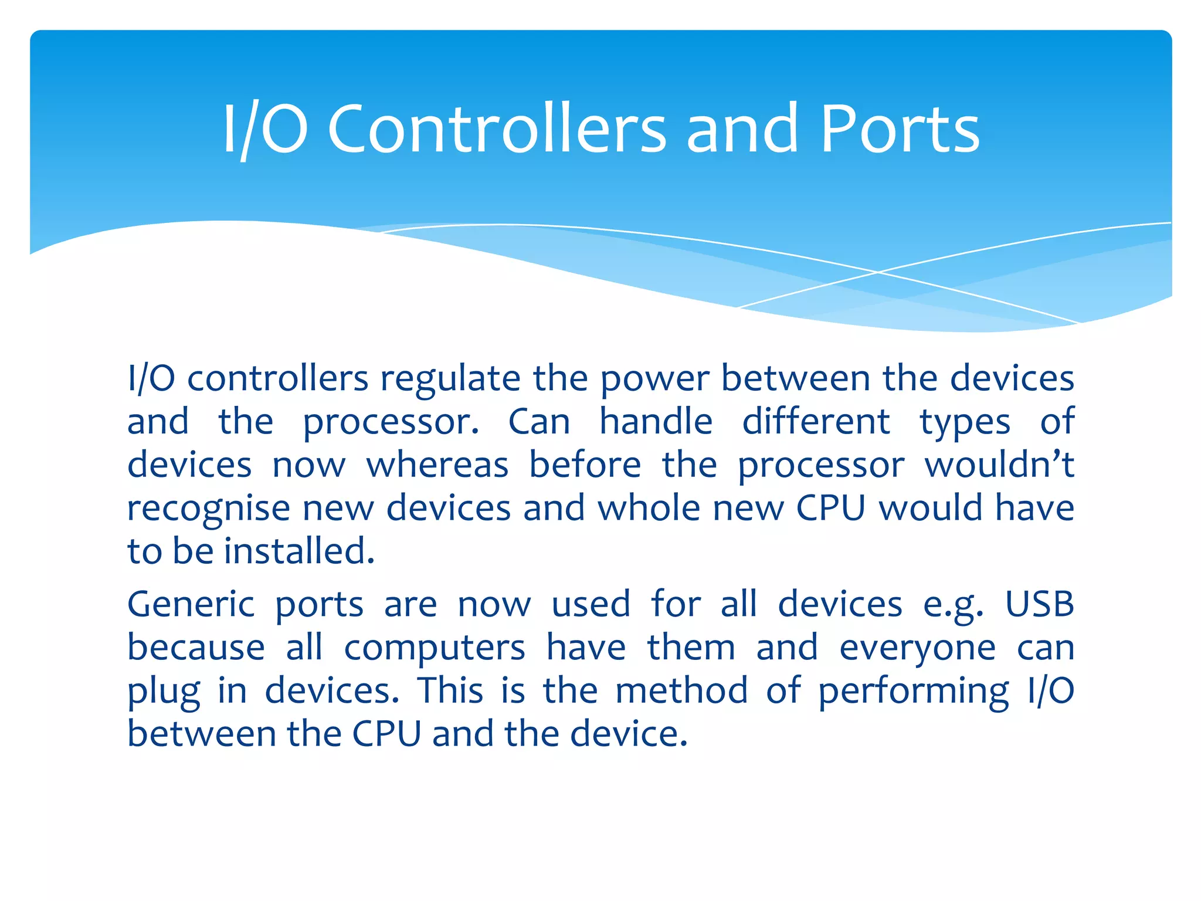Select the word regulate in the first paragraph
[450, 379]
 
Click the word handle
[656, 422]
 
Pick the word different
[816, 422]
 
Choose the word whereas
[437, 465]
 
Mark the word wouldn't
[999, 465]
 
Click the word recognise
[208, 509]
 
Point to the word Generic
[191, 605]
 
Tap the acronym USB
[1039, 604]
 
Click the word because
[196, 648]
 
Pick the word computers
[434, 649]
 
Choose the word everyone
[917, 649]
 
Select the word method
[681, 690]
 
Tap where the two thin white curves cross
[878, 272]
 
